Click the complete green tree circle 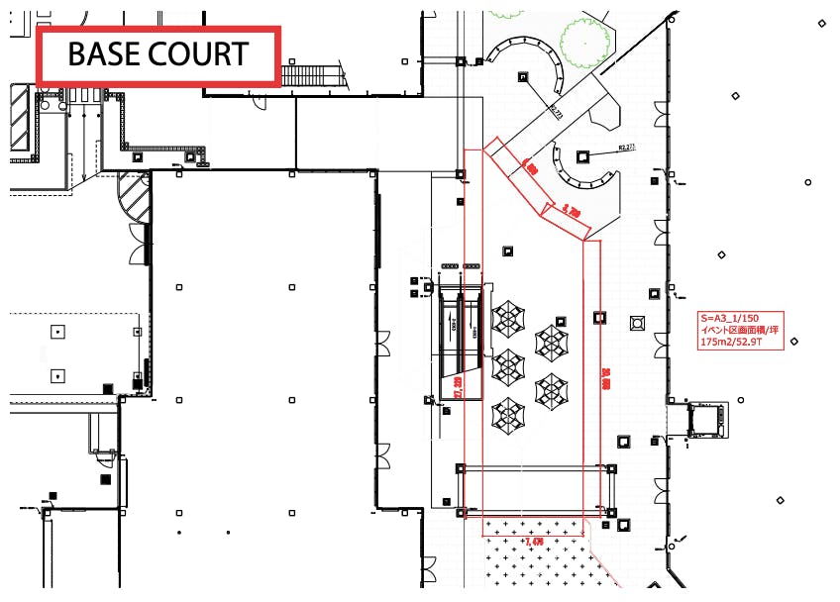[x=584, y=37]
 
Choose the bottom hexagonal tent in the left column [x=508, y=412]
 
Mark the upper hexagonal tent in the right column [x=551, y=343]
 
